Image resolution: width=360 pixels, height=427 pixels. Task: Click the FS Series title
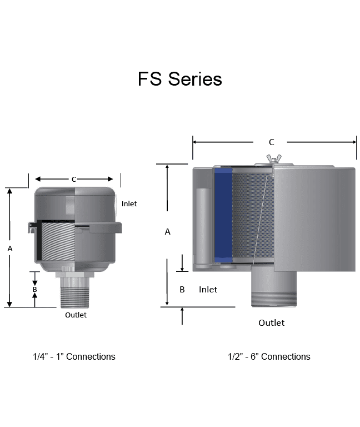click(x=180, y=79)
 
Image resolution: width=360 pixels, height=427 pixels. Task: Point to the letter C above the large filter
click(x=271, y=142)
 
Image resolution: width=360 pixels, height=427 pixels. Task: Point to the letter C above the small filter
click(x=74, y=179)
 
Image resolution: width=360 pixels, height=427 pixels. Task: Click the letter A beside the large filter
click(x=168, y=232)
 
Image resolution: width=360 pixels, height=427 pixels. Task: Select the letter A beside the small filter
click(x=9, y=249)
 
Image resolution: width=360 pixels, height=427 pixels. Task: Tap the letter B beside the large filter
click(x=182, y=289)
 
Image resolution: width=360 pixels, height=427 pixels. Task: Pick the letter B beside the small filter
click(x=34, y=289)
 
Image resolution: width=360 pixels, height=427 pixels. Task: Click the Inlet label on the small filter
click(x=129, y=204)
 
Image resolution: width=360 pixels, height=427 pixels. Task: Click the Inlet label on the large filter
click(x=208, y=289)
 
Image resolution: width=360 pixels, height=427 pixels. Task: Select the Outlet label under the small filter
click(x=76, y=315)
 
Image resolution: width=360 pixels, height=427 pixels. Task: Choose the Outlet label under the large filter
click(x=271, y=322)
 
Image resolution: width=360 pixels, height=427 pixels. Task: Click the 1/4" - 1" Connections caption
click(x=74, y=356)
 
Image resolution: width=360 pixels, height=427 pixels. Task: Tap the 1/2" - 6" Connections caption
click(x=269, y=356)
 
